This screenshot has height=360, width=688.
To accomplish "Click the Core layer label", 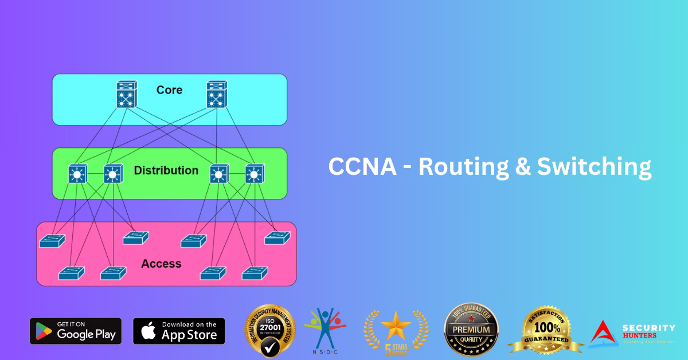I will (169, 90).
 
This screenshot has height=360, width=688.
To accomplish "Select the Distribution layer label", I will (166, 170).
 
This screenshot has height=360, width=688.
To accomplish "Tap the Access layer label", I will (161, 264).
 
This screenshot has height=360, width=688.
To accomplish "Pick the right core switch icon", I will (217, 93).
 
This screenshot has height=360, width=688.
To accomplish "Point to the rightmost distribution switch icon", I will (254, 174).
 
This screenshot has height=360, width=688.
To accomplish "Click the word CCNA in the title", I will (362, 167).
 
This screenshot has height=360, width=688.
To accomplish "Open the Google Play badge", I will (76, 331).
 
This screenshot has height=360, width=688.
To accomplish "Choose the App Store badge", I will (179, 331).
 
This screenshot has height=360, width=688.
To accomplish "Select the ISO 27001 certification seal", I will (270, 331).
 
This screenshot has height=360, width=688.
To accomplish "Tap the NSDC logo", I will (325, 330).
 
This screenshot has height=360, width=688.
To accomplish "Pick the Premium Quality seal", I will (471, 331).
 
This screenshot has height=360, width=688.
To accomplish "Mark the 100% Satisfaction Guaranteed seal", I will (545, 331).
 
